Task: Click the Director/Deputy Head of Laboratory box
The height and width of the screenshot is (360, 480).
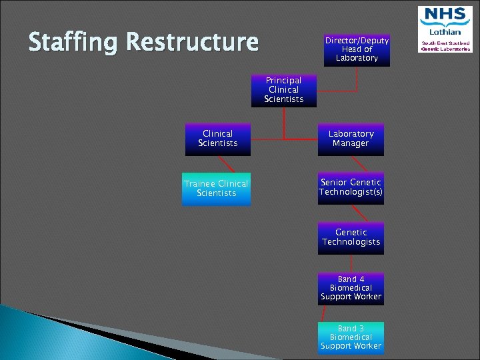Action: pyautogui.click(x=357, y=49)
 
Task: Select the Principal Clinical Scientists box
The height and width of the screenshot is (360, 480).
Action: pyautogui.click(x=284, y=90)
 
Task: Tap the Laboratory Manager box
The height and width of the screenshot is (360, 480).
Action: pyautogui.click(x=351, y=139)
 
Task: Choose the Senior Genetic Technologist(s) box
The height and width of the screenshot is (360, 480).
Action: pyautogui.click(x=351, y=187)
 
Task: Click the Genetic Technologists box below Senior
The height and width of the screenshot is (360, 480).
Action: pyautogui.click(x=351, y=237)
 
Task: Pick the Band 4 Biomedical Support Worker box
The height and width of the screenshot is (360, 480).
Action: pyautogui.click(x=351, y=287)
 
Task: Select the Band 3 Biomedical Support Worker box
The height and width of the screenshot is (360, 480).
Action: pyautogui.click(x=351, y=337)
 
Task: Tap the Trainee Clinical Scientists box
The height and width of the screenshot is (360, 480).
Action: pyautogui.click(x=217, y=189)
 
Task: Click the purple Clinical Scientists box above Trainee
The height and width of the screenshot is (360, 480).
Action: pyautogui.click(x=217, y=139)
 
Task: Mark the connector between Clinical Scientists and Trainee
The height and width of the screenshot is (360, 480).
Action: pyautogui.click(x=227, y=164)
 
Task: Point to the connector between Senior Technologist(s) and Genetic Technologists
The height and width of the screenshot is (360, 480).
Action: pyautogui.click(x=360, y=213)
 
